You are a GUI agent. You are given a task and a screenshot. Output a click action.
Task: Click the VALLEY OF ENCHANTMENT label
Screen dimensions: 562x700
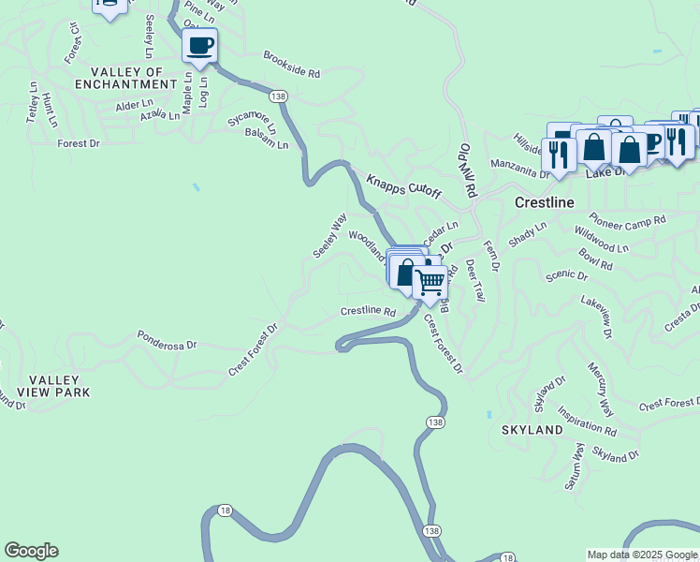[134, 78]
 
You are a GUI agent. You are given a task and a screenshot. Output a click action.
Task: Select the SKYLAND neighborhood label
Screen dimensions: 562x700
[532, 430]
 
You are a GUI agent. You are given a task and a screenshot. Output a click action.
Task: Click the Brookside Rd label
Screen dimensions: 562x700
[292, 65]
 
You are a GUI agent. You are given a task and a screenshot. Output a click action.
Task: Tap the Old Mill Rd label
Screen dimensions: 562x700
[468, 170]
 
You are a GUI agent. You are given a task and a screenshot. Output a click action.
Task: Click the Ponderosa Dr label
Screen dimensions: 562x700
[168, 338]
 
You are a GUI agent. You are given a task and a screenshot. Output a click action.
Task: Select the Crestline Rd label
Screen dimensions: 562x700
[368, 311]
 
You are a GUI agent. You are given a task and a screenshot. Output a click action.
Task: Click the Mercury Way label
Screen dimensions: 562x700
[601, 389]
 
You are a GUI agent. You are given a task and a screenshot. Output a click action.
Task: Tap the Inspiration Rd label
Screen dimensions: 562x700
[588, 420]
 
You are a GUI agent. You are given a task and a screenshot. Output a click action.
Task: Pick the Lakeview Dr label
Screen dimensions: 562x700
[595, 317]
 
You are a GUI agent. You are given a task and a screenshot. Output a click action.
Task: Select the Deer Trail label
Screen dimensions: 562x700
[475, 280]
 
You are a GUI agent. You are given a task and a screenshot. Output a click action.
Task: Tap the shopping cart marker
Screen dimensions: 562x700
[430, 281]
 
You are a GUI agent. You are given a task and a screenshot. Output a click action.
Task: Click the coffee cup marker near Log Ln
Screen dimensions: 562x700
[200, 45]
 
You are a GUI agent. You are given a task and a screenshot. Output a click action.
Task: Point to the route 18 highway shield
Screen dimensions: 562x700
[225, 510]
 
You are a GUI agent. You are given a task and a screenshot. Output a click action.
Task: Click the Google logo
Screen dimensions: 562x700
[31, 551]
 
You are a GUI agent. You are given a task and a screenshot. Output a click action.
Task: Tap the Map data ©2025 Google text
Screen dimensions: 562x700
[641, 555]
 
